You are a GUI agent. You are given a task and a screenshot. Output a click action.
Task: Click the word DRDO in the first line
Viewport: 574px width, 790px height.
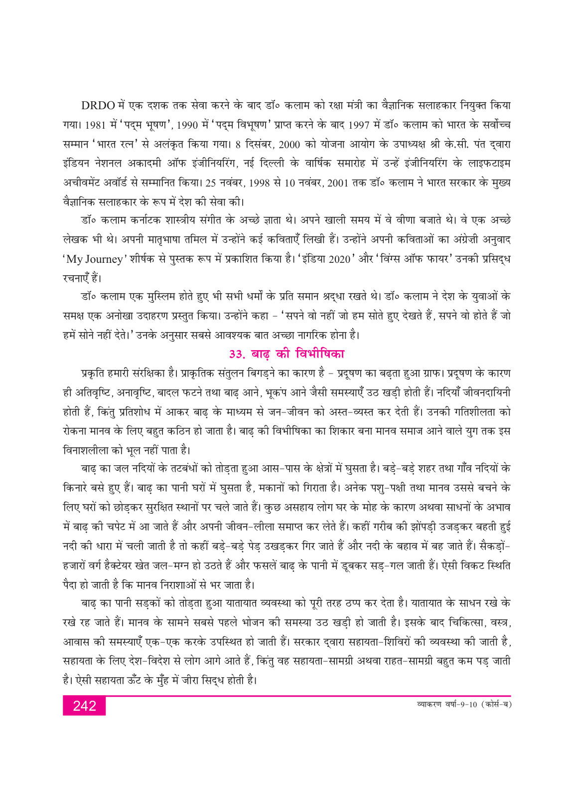[x=98, y=106]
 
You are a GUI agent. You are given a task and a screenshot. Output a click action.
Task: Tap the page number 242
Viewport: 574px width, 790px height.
[x=84, y=706]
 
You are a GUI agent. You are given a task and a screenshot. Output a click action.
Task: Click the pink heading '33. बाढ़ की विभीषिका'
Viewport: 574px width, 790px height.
[x=287, y=354]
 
